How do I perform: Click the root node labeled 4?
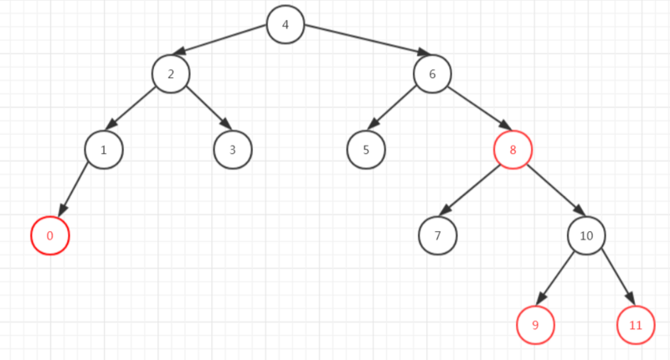(286, 24)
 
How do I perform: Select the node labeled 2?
(171, 74)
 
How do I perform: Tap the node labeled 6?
(432, 74)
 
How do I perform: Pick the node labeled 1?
(104, 151)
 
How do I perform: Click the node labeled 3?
(232, 151)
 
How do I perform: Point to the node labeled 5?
(366, 151)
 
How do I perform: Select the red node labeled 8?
(513, 151)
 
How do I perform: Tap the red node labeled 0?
(49, 236)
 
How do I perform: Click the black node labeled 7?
(438, 236)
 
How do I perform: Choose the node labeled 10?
(586, 236)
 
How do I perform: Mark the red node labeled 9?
(536, 325)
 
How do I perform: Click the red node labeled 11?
(636, 325)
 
